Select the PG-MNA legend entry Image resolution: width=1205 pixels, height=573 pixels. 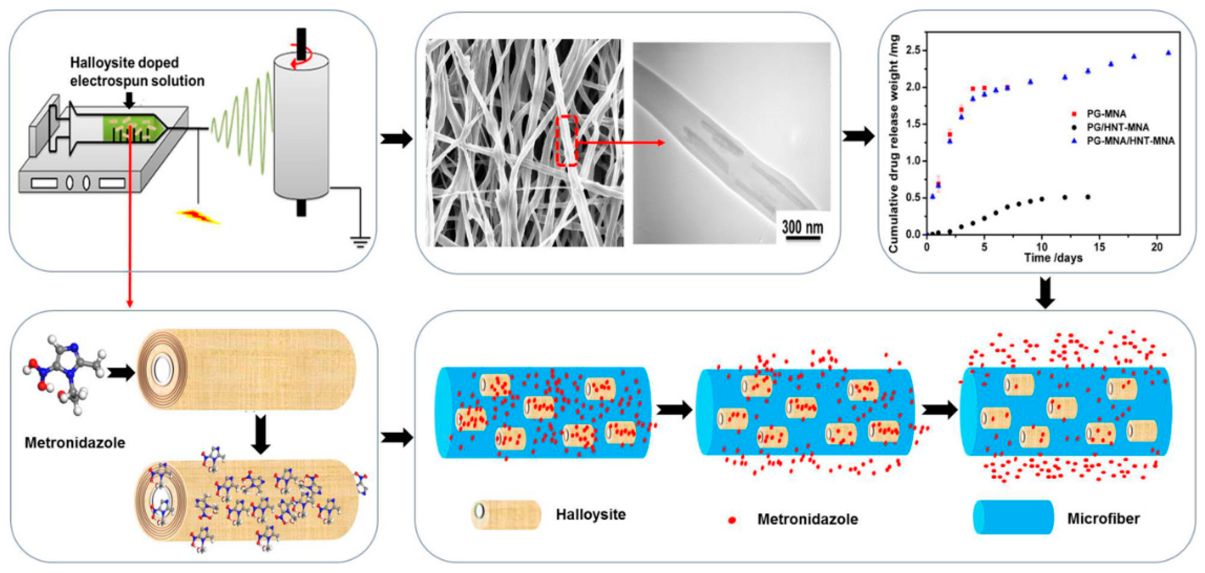[x=1105, y=114]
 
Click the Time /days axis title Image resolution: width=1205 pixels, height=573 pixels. [x=1053, y=258]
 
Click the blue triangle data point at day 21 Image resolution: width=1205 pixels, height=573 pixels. [x=1168, y=53]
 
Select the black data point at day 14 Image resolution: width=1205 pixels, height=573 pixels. [x=1088, y=197]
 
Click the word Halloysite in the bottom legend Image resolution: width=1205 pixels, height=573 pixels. [x=590, y=515]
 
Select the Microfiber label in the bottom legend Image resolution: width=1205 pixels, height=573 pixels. [x=1103, y=518]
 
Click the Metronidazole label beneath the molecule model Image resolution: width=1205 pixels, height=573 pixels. [x=75, y=443]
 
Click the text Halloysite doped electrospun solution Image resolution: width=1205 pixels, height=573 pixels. [x=137, y=71]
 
